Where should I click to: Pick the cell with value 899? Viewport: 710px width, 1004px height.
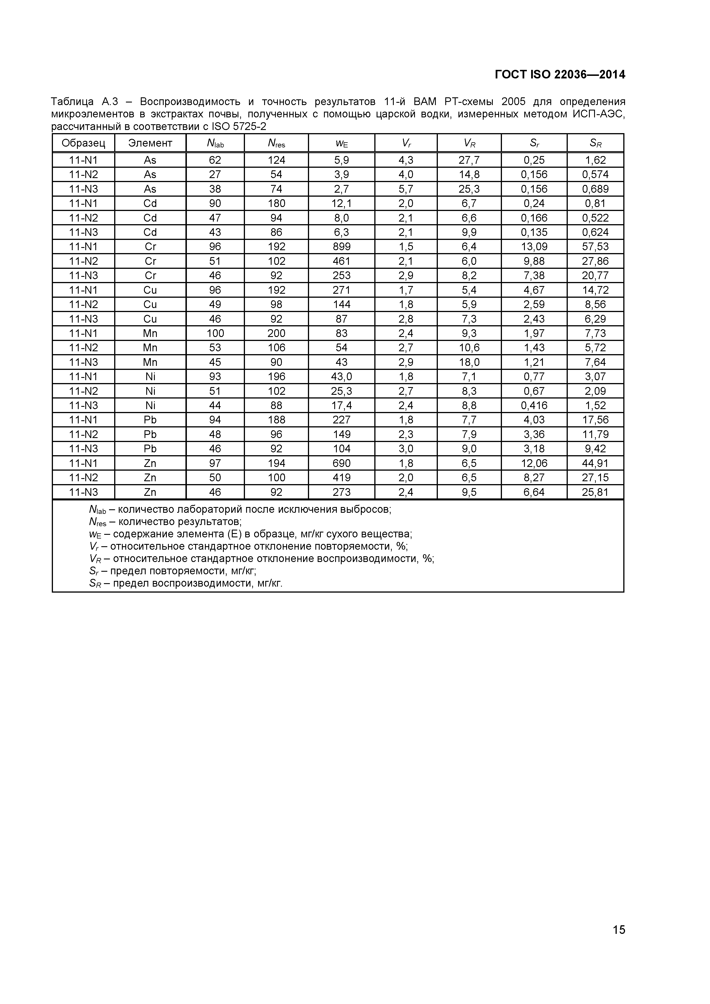click(341, 246)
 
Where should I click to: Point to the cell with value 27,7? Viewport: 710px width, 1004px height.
click(469, 160)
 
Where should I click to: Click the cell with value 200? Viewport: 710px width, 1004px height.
click(276, 333)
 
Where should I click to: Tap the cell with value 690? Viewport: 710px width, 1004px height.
click(341, 463)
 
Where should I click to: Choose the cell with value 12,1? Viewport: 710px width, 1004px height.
click(341, 203)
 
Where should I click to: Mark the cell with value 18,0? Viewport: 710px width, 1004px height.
click(469, 362)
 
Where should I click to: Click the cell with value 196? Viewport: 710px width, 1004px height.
click(276, 376)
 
